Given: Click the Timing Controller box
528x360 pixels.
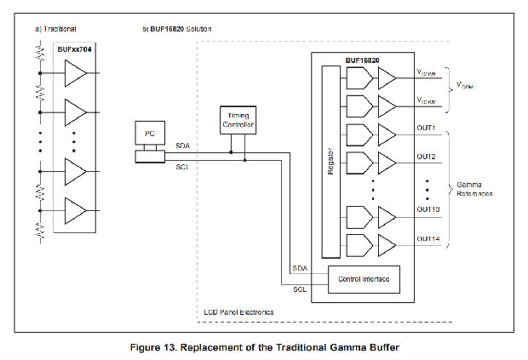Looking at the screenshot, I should (237, 121).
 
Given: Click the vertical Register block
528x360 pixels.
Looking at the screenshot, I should (330, 163).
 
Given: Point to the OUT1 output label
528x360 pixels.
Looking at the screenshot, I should (426, 128).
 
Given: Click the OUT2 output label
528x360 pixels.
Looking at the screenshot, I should (426, 157).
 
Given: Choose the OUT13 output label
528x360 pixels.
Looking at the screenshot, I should (428, 209).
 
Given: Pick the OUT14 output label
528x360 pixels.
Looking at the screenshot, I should (428, 238).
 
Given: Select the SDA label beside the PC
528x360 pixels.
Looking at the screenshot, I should (182, 146).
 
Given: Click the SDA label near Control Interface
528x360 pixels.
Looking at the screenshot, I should (300, 269).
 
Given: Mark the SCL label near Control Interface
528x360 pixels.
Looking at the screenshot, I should (300, 289).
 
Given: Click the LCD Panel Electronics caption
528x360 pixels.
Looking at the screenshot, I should (239, 313).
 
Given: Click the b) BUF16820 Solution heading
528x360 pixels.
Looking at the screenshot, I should (176, 29).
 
